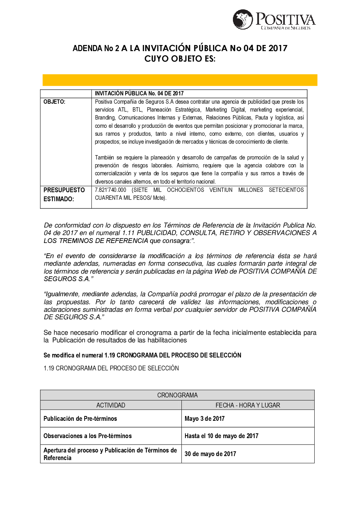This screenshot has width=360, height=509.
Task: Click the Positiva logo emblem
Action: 243,19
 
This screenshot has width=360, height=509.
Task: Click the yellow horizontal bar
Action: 180,80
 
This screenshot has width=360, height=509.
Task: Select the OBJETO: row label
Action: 54,102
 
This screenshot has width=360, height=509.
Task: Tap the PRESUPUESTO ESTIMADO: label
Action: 64,194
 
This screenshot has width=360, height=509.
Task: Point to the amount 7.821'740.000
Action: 111,190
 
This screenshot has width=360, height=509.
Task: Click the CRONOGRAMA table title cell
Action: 177,395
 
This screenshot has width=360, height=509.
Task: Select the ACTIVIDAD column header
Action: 111,405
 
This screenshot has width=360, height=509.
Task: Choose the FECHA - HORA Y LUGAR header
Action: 248,405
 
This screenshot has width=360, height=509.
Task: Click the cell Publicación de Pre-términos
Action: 80,418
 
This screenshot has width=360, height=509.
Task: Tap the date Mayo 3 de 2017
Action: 204,418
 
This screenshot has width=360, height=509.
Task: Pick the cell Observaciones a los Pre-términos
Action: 87,436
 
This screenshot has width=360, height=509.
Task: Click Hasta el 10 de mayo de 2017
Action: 221,436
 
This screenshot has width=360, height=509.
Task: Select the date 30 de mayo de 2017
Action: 210,454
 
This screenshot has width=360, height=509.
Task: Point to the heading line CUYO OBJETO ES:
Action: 180,58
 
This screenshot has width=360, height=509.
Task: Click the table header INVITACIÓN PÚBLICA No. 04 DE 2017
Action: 139,93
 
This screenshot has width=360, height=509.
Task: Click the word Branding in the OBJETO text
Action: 105,118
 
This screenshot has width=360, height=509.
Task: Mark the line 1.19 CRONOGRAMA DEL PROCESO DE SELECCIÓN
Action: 111,368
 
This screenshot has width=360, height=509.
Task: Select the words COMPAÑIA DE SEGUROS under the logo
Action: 285,28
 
